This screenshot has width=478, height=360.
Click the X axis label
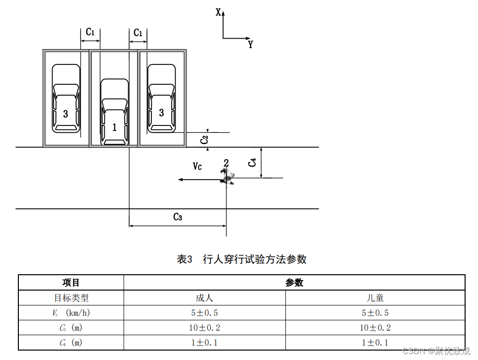click(x=218, y=12)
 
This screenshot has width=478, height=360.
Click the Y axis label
click(x=251, y=45)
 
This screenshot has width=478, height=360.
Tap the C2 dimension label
click(x=204, y=140)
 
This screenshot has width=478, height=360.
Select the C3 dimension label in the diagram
click(x=178, y=217)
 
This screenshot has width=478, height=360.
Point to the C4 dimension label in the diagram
click(x=253, y=162)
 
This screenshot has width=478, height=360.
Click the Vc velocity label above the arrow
click(x=197, y=167)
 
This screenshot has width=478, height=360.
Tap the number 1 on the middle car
click(x=115, y=127)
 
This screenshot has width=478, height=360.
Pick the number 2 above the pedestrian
click(x=226, y=163)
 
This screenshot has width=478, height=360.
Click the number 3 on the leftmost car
click(x=66, y=114)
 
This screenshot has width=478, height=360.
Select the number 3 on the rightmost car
click(x=161, y=113)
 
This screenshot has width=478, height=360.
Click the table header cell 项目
click(x=71, y=283)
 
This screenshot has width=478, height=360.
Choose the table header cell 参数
click(x=294, y=283)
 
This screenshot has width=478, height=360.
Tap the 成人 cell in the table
click(x=205, y=298)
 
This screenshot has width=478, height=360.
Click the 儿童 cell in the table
click(x=375, y=298)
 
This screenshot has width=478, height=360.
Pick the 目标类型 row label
click(x=71, y=298)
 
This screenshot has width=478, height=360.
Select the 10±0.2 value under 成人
click(x=205, y=328)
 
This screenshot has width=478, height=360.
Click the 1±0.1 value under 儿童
click(x=375, y=343)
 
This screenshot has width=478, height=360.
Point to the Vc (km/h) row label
click(x=71, y=313)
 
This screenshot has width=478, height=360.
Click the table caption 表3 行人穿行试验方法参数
click(x=242, y=259)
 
